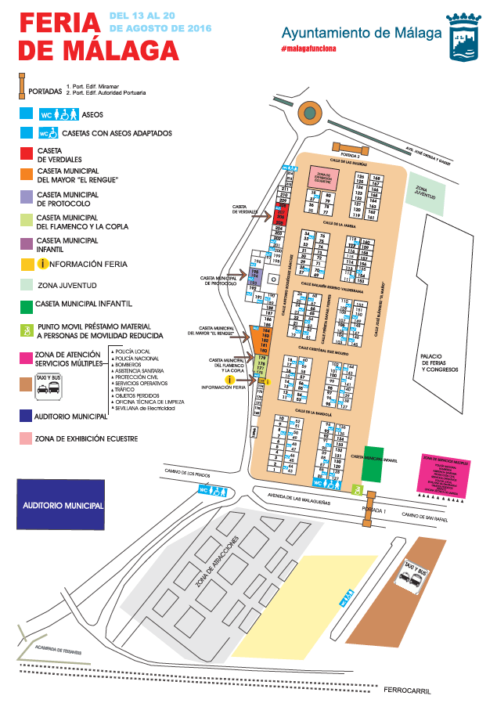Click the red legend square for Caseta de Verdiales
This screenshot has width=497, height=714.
coord(27,153)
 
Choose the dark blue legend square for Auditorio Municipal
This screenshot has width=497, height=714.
coord(27,416)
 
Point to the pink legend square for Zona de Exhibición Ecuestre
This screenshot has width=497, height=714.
coord(27,438)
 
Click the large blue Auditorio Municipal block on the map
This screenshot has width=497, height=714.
coord(60,506)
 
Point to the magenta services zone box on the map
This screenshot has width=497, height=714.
coord(445,474)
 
